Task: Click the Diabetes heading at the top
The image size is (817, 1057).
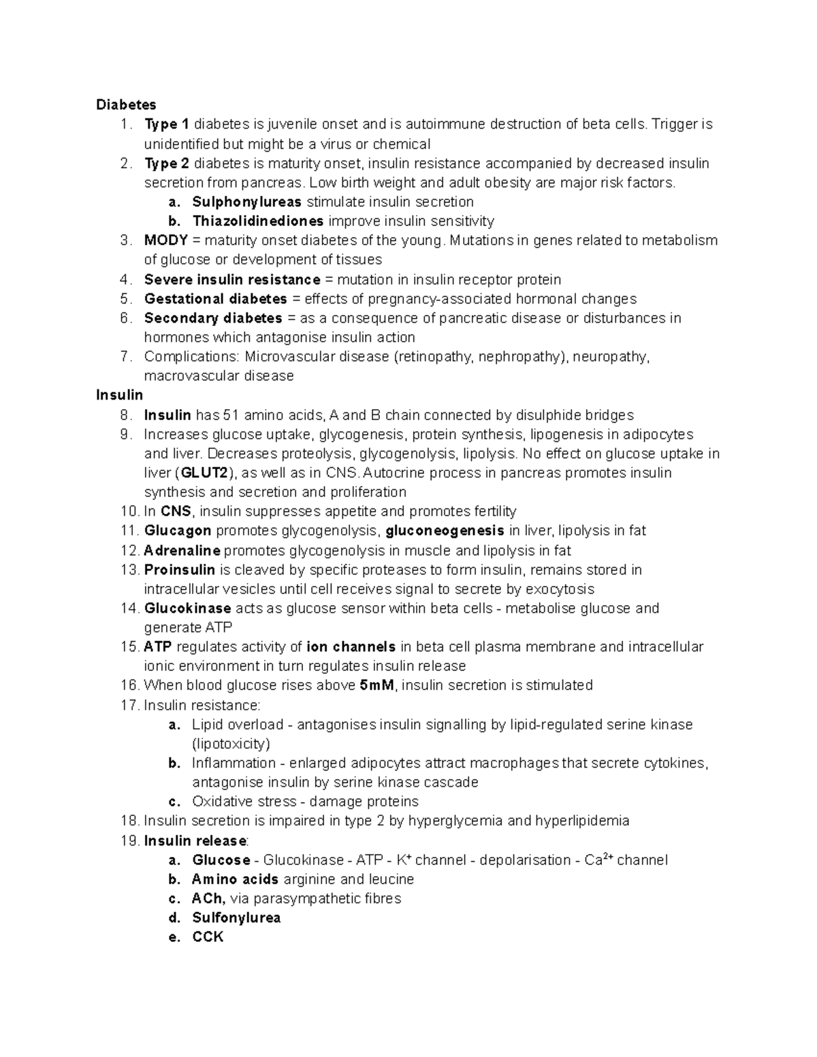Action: (x=126, y=105)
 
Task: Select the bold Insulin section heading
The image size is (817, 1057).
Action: (x=120, y=395)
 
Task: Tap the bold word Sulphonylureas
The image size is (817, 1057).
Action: (x=246, y=202)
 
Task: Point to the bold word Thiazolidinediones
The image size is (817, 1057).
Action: (x=258, y=221)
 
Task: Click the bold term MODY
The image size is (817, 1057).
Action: (x=165, y=240)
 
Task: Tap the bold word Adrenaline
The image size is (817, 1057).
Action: (x=182, y=551)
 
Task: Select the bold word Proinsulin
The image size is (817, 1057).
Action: (x=180, y=570)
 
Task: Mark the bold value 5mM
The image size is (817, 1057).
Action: (x=377, y=685)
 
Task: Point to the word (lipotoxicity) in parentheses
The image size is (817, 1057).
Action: (x=231, y=744)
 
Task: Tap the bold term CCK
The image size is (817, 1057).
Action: (x=208, y=937)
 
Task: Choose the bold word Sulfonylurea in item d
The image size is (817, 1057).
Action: (x=236, y=918)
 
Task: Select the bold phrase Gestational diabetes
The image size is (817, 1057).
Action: (x=215, y=299)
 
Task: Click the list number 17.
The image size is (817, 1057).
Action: (x=129, y=705)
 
